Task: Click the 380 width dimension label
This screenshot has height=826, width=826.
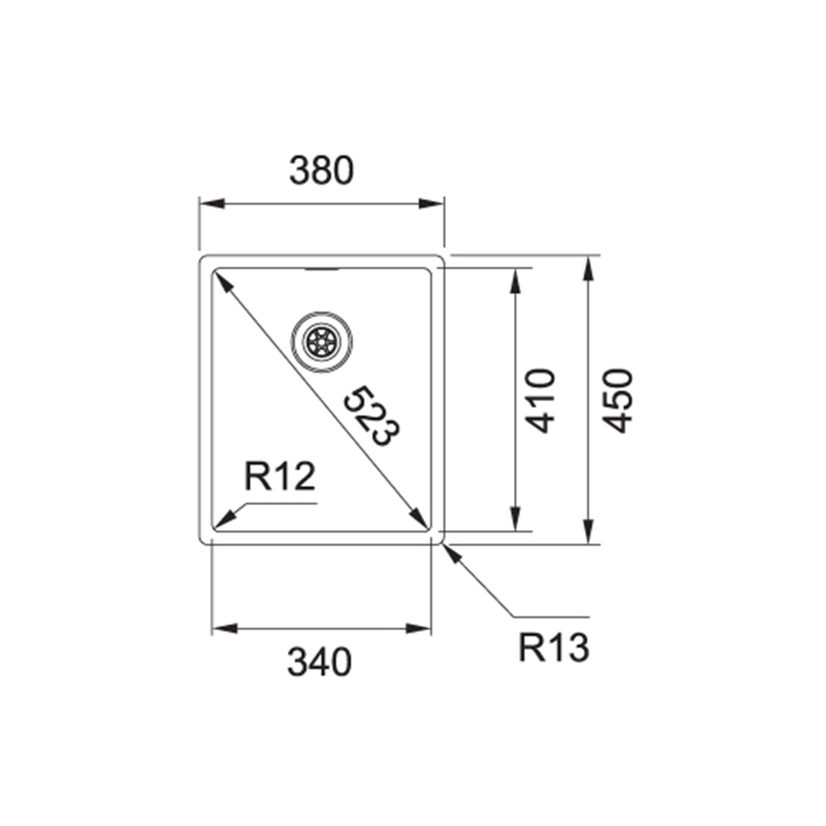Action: [321, 170]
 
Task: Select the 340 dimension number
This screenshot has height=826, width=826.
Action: [319, 662]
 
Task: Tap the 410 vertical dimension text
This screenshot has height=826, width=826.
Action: [541, 401]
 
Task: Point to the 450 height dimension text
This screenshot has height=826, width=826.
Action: [617, 401]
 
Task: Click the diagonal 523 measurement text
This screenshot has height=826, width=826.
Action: [372, 416]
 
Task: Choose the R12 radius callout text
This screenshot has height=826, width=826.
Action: [280, 477]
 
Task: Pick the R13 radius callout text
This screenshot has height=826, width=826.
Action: [553, 648]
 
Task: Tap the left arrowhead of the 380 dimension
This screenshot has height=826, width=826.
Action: [211, 204]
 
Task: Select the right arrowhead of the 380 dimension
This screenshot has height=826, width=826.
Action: [432, 204]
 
